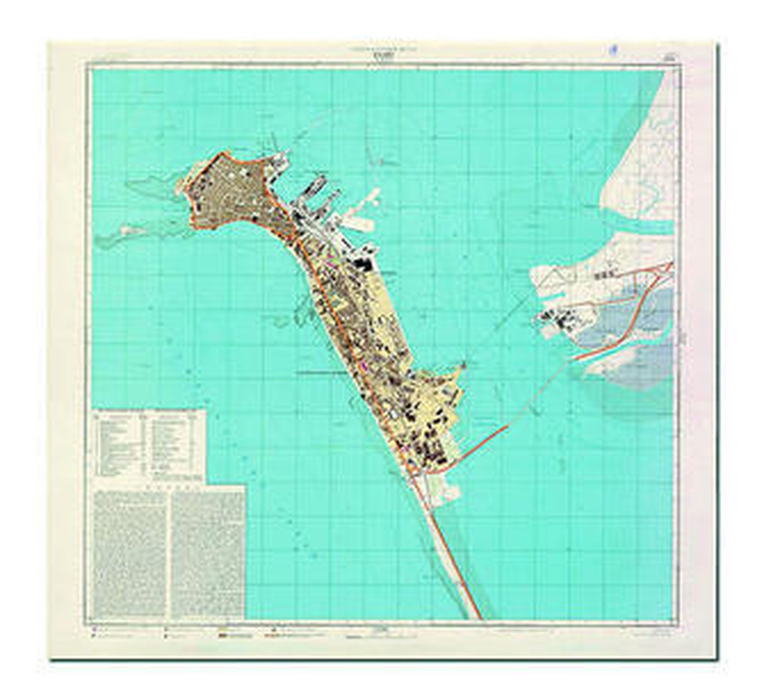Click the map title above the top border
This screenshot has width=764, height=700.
382,54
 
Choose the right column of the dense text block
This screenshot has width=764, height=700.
208,554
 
